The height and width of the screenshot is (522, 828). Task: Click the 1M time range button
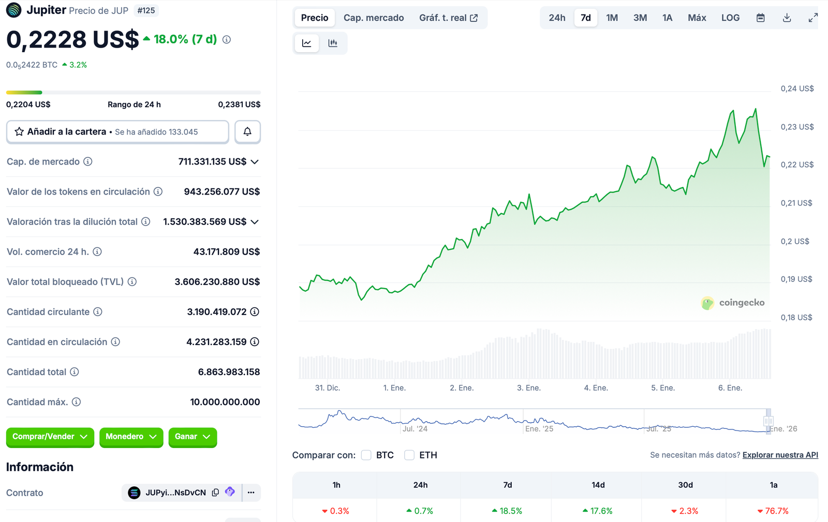[x=612, y=18]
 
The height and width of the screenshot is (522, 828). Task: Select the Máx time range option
[x=697, y=18]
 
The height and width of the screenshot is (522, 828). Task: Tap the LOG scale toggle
[x=730, y=18]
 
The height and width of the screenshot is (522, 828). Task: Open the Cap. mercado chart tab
[x=374, y=18]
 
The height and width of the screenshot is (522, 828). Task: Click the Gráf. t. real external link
[x=448, y=18]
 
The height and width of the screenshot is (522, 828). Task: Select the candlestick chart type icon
[x=333, y=43]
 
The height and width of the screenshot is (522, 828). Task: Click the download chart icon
[x=787, y=18]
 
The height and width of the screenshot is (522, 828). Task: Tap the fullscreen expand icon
[x=813, y=18]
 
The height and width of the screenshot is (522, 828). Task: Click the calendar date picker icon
[x=760, y=18]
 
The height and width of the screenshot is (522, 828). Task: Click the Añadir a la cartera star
[x=19, y=132]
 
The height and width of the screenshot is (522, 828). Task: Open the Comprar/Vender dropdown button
[x=50, y=437]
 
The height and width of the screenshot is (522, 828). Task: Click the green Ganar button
[x=192, y=437]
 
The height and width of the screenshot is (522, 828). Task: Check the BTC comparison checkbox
[x=366, y=455]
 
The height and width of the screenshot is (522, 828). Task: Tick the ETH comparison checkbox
[x=409, y=455]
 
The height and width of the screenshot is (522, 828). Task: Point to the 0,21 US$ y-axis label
[x=796, y=203]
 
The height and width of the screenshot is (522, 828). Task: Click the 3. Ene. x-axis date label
[x=528, y=388]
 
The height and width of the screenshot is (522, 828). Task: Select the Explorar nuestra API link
[x=780, y=455]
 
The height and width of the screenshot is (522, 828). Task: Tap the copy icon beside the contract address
[x=215, y=493]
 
